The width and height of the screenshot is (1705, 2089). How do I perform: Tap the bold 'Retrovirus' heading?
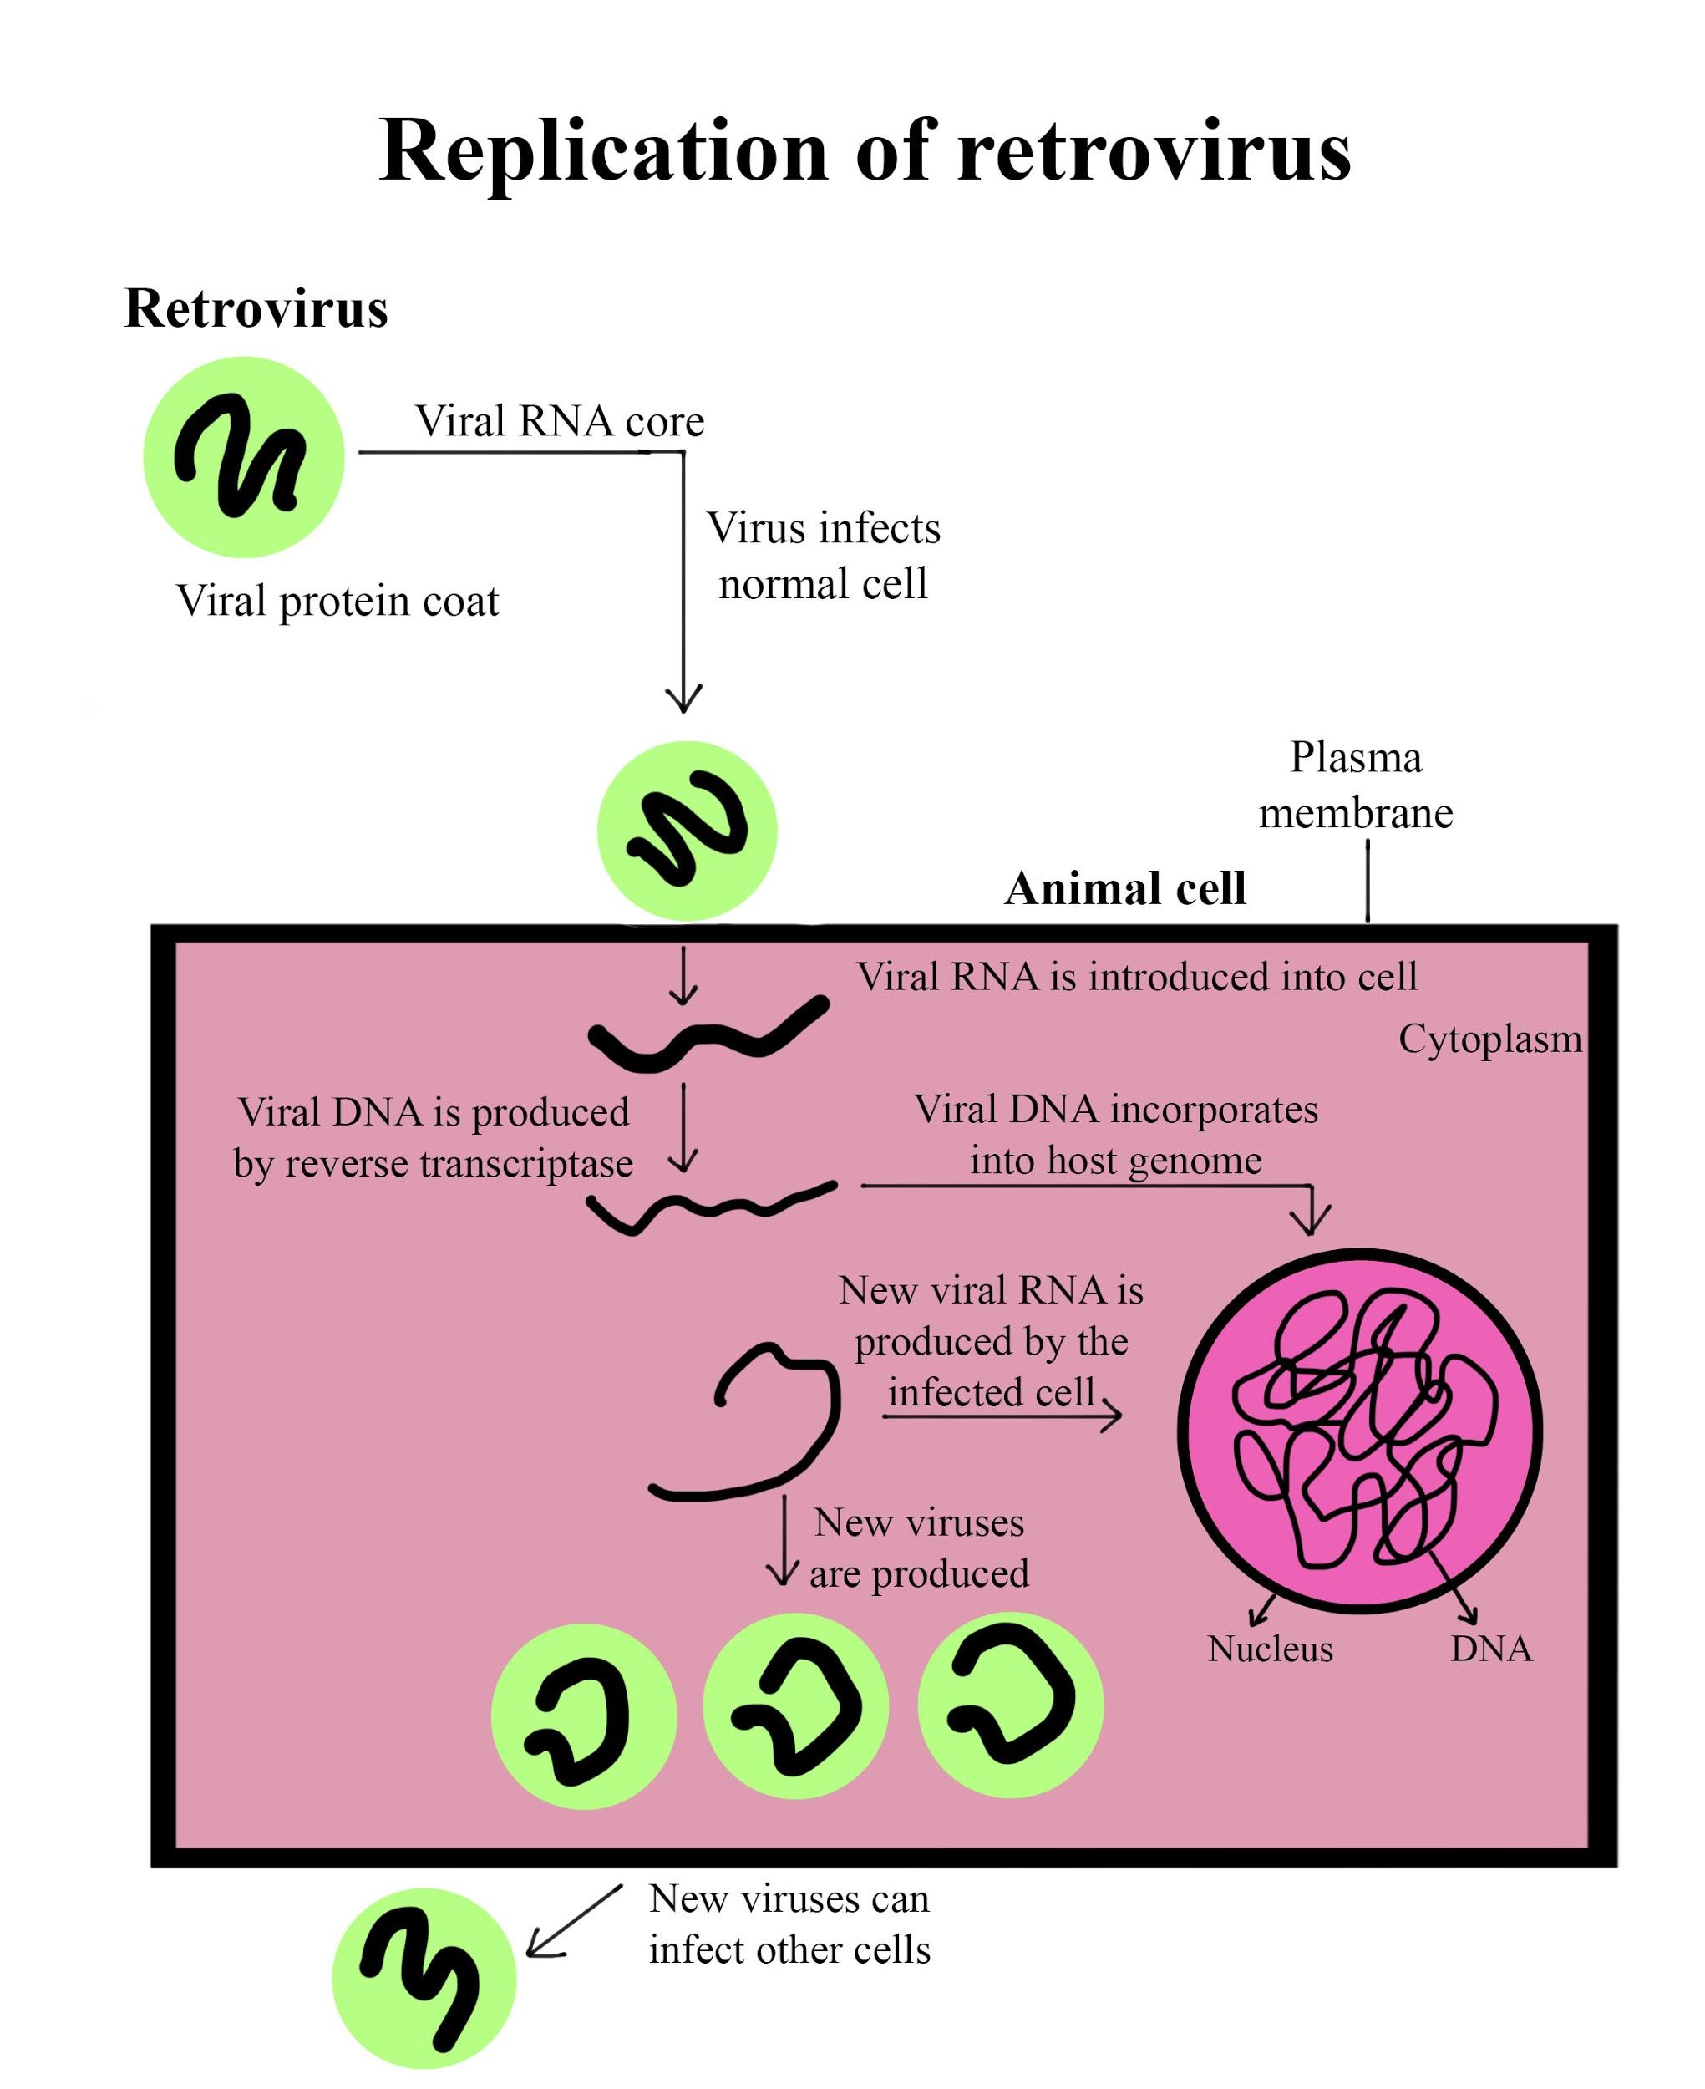point(256,308)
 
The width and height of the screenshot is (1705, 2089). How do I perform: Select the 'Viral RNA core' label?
point(560,421)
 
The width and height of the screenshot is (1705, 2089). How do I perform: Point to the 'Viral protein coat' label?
point(337,600)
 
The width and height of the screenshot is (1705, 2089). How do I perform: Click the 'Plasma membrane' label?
point(1355,785)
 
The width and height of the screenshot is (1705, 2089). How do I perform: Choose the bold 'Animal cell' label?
point(1124,889)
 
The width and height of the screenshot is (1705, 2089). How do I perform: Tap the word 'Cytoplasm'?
point(1490,1039)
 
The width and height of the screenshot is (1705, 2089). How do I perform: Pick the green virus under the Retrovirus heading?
point(244,458)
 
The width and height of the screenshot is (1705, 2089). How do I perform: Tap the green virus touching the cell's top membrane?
point(688,831)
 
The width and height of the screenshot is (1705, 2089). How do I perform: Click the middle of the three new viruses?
point(795,1705)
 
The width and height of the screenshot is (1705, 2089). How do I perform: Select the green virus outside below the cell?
point(424,1978)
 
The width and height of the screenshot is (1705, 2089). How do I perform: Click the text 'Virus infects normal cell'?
point(823,556)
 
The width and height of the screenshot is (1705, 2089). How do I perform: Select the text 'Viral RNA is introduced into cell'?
point(1136,977)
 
